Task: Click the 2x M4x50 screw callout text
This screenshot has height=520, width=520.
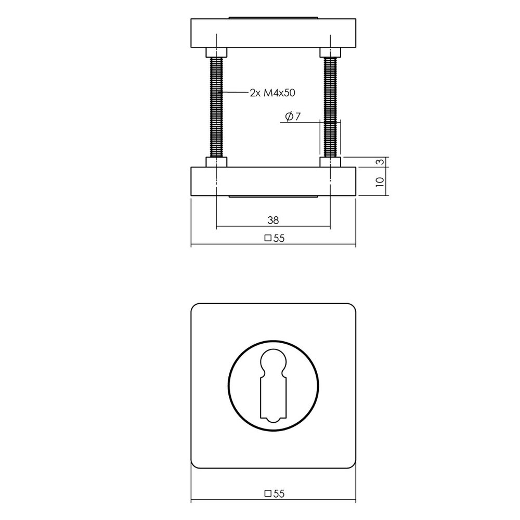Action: pyautogui.click(x=272, y=93)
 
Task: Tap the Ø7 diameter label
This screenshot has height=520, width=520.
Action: pyautogui.click(x=293, y=116)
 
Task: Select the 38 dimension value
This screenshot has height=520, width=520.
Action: pyautogui.click(x=273, y=220)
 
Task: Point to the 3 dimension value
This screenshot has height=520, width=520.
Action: pyautogui.click(x=381, y=162)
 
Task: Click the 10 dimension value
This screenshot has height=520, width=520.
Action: pyautogui.click(x=380, y=181)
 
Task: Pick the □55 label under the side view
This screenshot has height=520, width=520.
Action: pyautogui.click(x=275, y=238)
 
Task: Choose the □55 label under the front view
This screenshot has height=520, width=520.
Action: pyautogui.click(x=275, y=494)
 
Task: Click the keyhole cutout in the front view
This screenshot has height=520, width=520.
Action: pyautogui.click(x=274, y=386)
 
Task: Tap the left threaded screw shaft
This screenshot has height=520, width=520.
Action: pyautogui.click(x=216, y=107)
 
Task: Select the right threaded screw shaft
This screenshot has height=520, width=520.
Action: pyautogui.click(x=330, y=107)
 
